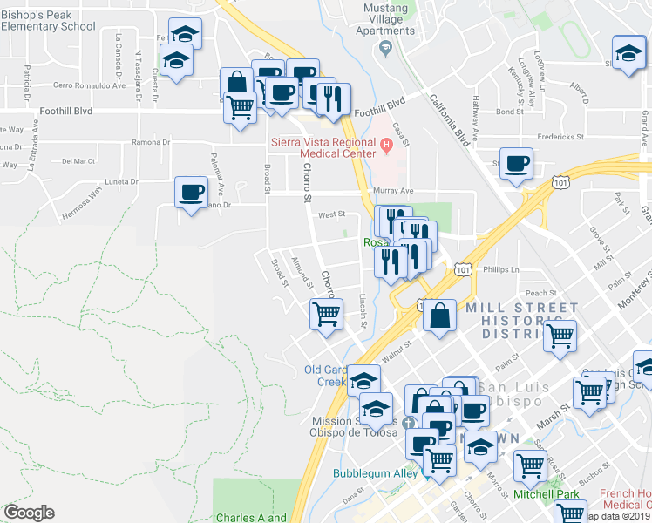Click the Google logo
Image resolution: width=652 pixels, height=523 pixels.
click(30, 513)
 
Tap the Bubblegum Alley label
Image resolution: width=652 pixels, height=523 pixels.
click(374, 474)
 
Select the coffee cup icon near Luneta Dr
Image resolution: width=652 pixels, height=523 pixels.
click(191, 192)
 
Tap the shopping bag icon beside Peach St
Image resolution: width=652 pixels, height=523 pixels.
click(440, 316)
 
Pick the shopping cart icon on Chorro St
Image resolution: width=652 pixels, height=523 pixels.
click(326, 313)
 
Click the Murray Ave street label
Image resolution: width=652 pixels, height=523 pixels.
click(394, 192)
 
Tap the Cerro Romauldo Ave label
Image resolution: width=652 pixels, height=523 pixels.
click(90, 85)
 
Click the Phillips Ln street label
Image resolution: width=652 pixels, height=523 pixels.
click(501, 270)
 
